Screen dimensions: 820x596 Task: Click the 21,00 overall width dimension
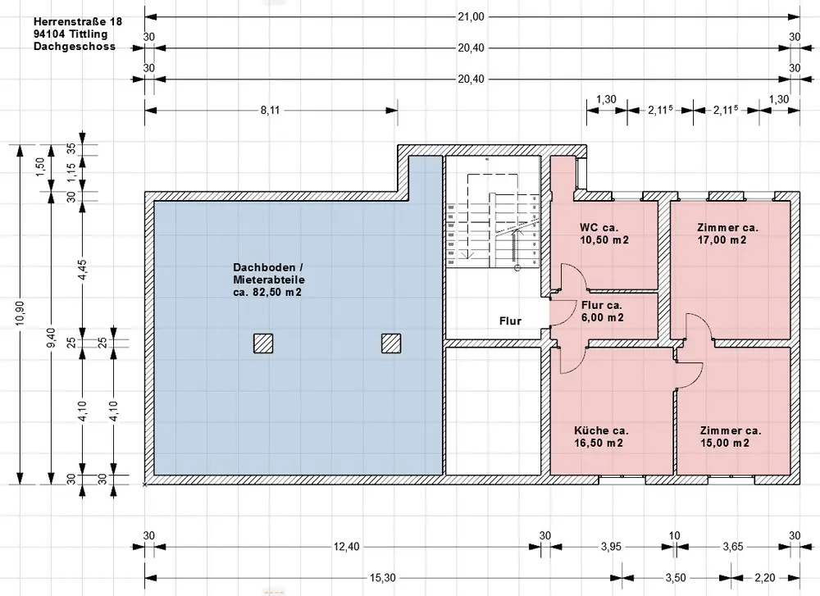click(471, 16)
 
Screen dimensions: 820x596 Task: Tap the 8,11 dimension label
click(271, 111)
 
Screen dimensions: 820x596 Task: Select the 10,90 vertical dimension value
click(20, 312)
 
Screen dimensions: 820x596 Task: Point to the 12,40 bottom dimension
click(346, 547)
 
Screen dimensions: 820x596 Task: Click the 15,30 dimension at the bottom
click(382, 578)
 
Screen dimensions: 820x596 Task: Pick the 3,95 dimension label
click(611, 547)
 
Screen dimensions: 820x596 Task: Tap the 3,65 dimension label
click(732, 547)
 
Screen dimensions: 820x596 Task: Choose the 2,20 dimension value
click(765, 578)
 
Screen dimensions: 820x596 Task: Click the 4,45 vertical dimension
click(83, 270)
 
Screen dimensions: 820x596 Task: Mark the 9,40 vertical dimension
click(51, 338)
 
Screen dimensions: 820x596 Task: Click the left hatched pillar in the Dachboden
click(263, 343)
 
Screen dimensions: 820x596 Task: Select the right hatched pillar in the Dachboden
click(391, 343)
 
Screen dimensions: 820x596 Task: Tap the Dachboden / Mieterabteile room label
click(269, 280)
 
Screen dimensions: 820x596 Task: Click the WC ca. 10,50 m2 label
click(604, 234)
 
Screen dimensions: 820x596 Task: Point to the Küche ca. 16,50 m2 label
click(601, 436)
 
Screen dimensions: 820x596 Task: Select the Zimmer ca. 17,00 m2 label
click(727, 234)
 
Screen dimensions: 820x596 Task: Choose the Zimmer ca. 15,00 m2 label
click(730, 436)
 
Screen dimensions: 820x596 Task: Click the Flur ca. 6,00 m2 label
click(602, 311)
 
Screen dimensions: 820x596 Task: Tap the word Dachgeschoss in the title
click(75, 47)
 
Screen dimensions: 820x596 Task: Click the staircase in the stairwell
click(493, 222)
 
